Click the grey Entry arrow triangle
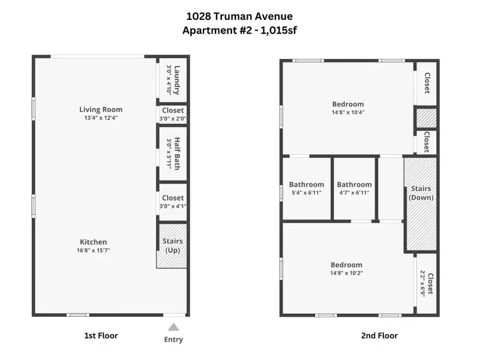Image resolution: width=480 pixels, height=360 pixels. point(173,327)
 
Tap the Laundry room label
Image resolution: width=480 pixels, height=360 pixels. point(177,80)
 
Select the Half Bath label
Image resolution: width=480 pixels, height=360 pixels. point(177,154)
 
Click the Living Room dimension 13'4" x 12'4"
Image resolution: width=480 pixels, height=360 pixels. point(101,118)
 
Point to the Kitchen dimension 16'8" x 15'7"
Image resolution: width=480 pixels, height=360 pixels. point(94,250)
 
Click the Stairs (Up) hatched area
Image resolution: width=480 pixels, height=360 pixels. point(172,246)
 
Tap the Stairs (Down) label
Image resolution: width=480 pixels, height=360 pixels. point(421,193)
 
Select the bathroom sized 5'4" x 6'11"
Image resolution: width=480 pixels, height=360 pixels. point(307,188)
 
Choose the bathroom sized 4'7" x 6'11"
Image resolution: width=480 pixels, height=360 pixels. point(354,188)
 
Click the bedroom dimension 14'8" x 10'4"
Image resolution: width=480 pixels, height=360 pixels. point(348,112)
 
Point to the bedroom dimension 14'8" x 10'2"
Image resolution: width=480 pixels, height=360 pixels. point(347,273)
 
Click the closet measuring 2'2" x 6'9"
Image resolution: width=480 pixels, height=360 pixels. point(427,283)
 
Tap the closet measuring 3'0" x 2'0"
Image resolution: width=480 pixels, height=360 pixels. point(173,114)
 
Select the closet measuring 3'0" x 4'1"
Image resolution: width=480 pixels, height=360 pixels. point(173,202)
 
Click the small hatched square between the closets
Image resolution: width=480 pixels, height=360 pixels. point(425,118)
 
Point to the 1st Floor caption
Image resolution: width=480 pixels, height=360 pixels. point(101,335)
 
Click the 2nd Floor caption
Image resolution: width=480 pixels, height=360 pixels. point(380,335)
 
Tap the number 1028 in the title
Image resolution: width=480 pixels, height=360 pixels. point(199,16)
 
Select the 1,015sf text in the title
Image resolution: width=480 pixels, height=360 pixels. point(278,31)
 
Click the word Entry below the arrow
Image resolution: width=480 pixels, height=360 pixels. point(173,340)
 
